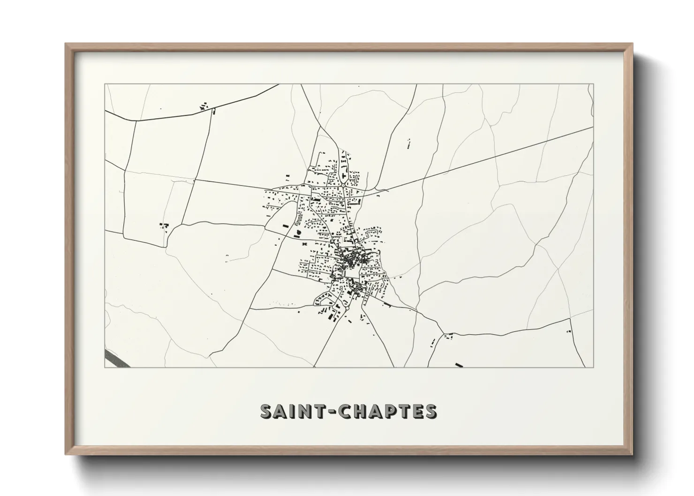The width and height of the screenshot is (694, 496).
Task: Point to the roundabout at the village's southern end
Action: (347, 280)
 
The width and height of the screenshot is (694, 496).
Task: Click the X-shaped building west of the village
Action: (304, 244)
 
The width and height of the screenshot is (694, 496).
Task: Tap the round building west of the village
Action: (297, 232)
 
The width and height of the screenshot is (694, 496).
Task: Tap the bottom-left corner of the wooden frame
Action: (66, 454)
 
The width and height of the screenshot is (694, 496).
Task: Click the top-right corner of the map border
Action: (593, 84)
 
